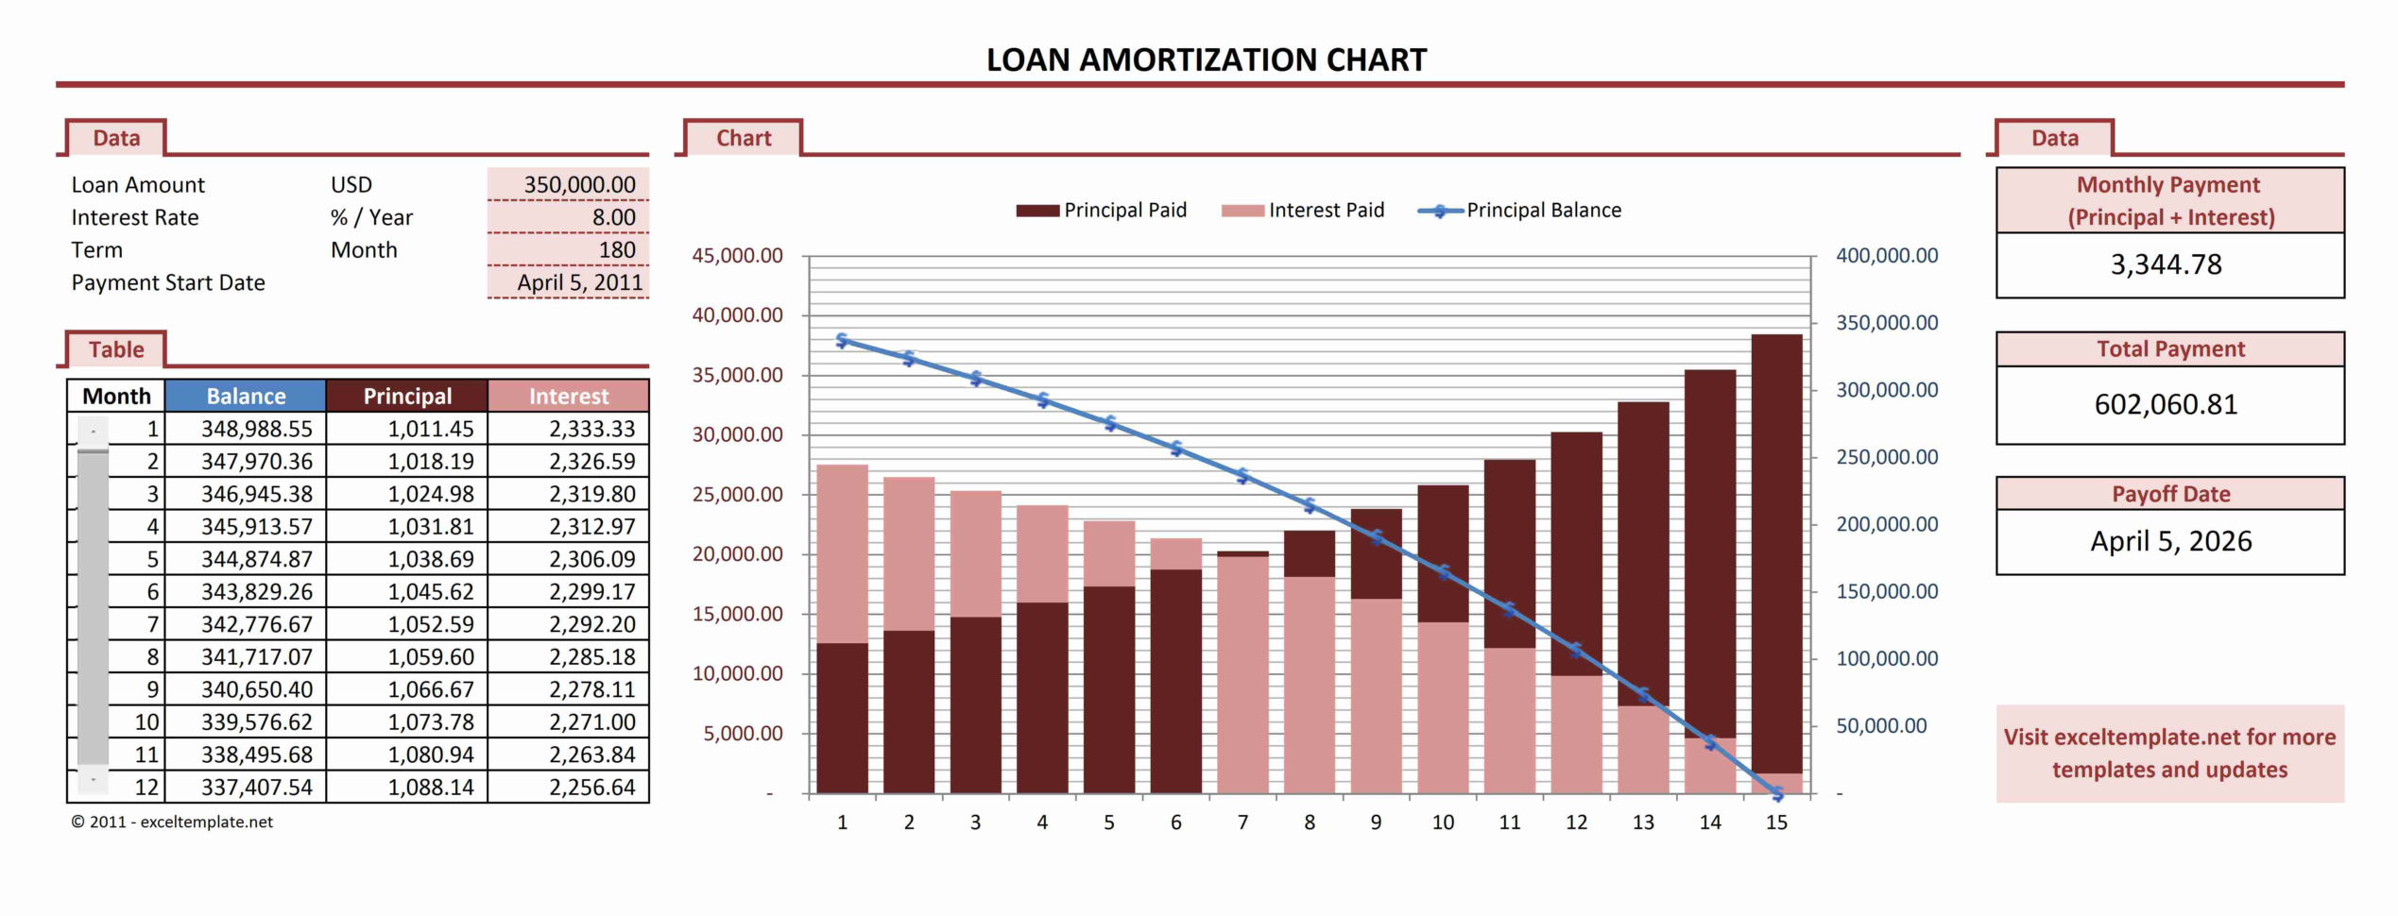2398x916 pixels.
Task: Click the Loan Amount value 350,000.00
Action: (578, 185)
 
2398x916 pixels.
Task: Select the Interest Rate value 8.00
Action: (613, 218)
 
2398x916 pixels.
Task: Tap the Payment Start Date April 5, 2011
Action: (578, 282)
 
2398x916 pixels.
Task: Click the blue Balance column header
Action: (246, 397)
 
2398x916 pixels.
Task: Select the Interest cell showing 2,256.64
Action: (591, 788)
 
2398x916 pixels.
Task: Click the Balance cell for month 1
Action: (256, 429)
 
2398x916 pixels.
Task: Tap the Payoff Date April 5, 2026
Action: (2170, 542)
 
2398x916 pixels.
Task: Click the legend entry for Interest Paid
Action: (1304, 211)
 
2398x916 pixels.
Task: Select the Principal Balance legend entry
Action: (1521, 211)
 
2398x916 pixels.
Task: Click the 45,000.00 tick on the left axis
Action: (737, 256)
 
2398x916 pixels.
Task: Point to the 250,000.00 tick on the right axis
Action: (1886, 457)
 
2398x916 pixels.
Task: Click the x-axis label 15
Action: (1776, 823)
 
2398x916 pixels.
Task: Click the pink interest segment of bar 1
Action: (842, 552)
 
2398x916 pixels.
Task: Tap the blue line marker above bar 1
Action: (842, 341)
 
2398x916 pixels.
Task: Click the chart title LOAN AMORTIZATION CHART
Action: (1206, 60)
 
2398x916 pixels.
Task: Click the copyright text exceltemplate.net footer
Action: (172, 823)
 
